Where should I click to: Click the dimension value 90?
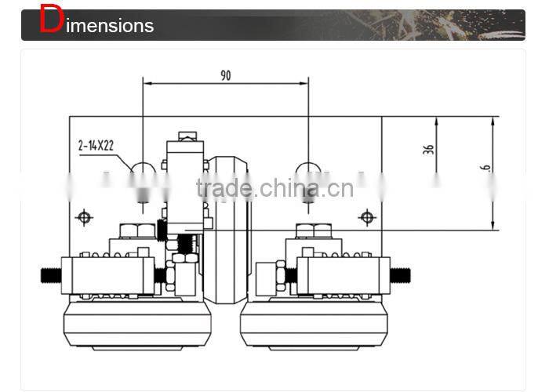coord(226,76)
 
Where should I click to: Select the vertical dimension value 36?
coord(428,147)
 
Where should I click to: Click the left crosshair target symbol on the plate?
coord(84,216)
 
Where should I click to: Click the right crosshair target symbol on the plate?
coord(366,216)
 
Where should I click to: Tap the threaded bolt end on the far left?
coord(51,275)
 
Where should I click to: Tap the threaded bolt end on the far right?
coord(401,275)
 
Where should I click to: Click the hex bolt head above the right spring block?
coord(314,230)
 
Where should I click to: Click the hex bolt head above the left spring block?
coord(139,230)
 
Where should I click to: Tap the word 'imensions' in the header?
coord(110,26)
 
